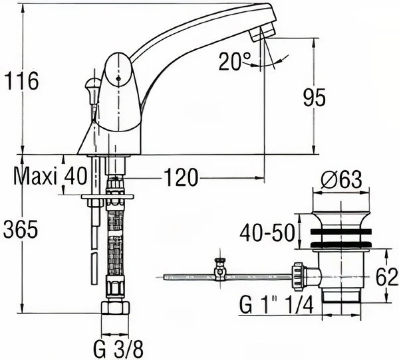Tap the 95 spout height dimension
click(x=315, y=98)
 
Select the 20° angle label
click(x=235, y=61)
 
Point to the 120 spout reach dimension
click(x=181, y=177)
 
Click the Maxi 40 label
click(x=50, y=176)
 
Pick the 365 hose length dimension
click(x=21, y=229)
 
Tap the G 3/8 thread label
click(x=118, y=349)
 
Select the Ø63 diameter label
click(x=341, y=179)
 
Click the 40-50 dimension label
click(x=267, y=233)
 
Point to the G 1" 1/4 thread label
click(x=276, y=305)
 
